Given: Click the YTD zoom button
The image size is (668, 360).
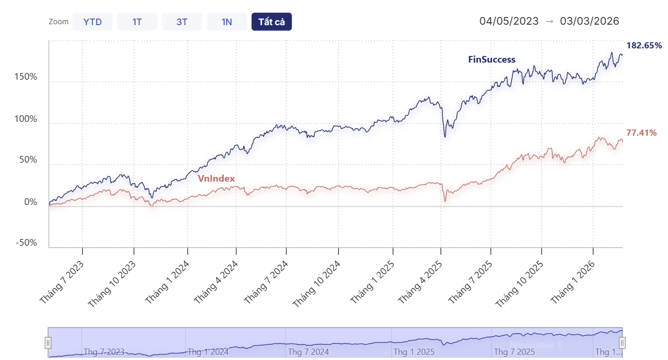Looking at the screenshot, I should tap(92, 22).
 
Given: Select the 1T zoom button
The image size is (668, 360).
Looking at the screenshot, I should tap(137, 22).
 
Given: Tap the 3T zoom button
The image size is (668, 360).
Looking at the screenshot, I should tap(182, 22).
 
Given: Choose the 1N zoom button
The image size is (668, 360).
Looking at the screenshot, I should tap(227, 22).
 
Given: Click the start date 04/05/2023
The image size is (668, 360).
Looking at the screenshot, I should tap(509, 21).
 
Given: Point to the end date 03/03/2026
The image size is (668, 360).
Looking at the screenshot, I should tap(589, 21).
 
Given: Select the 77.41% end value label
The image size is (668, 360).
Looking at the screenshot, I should tap(641, 133).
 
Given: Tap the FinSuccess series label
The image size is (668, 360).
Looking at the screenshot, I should tap(492, 59).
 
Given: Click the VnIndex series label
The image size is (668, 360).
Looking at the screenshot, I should tap(216, 178).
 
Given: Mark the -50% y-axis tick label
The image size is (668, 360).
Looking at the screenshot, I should tap(26, 243).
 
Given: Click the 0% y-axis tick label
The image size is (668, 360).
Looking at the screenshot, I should tap(30, 202).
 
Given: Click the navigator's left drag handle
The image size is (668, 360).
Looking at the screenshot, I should tap(48, 342).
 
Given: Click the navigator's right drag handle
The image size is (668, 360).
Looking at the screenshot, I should tap(622, 342).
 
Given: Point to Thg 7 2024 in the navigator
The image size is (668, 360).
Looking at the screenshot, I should tap(309, 352).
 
